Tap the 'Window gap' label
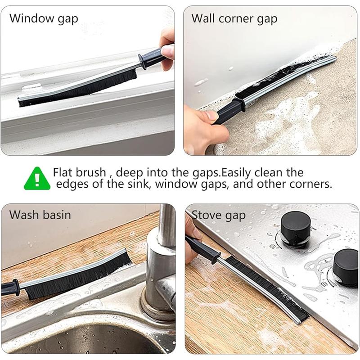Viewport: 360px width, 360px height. (x=44, y=19)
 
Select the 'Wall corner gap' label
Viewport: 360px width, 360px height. (x=234, y=19)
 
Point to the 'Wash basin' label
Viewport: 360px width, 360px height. (x=40, y=215)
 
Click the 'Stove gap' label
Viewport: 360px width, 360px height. (x=219, y=216)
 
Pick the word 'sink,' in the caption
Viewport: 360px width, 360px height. (x=138, y=184)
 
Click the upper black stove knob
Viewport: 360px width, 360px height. (x=296, y=225)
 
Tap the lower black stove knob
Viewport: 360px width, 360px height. (x=346, y=264)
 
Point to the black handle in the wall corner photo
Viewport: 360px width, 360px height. (x=228, y=111)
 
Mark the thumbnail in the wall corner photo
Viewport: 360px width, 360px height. (x=211, y=115)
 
